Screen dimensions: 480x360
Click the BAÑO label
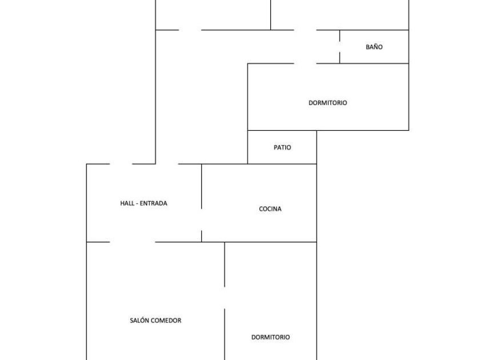tap(374, 47)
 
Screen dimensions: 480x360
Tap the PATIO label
tap(282, 147)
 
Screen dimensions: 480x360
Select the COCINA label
tap(270, 209)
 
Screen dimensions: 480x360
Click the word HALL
tap(127, 203)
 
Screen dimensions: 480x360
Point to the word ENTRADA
tap(153, 203)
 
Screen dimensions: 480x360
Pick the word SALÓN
tap(139, 320)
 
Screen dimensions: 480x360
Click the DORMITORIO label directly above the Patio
tap(327, 103)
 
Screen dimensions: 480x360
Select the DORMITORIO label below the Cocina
tap(271, 337)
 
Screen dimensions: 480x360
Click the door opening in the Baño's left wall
tap(339, 47)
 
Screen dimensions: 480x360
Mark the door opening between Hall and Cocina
tap(201, 220)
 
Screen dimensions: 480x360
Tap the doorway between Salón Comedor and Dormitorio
tap(225, 298)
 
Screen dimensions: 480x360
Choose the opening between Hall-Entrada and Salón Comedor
tap(133, 242)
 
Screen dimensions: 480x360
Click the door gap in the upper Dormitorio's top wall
tap(305, 63)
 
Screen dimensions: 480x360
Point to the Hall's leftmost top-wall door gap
tap(121, 164)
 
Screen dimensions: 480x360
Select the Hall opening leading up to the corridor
tap(167, 164)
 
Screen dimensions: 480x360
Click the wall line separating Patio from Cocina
tap(282, 164)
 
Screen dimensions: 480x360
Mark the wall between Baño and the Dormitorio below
tap(374, 63)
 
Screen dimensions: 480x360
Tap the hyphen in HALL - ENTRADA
tap(137, 203)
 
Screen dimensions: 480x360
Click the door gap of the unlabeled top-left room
tap(190, 30)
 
